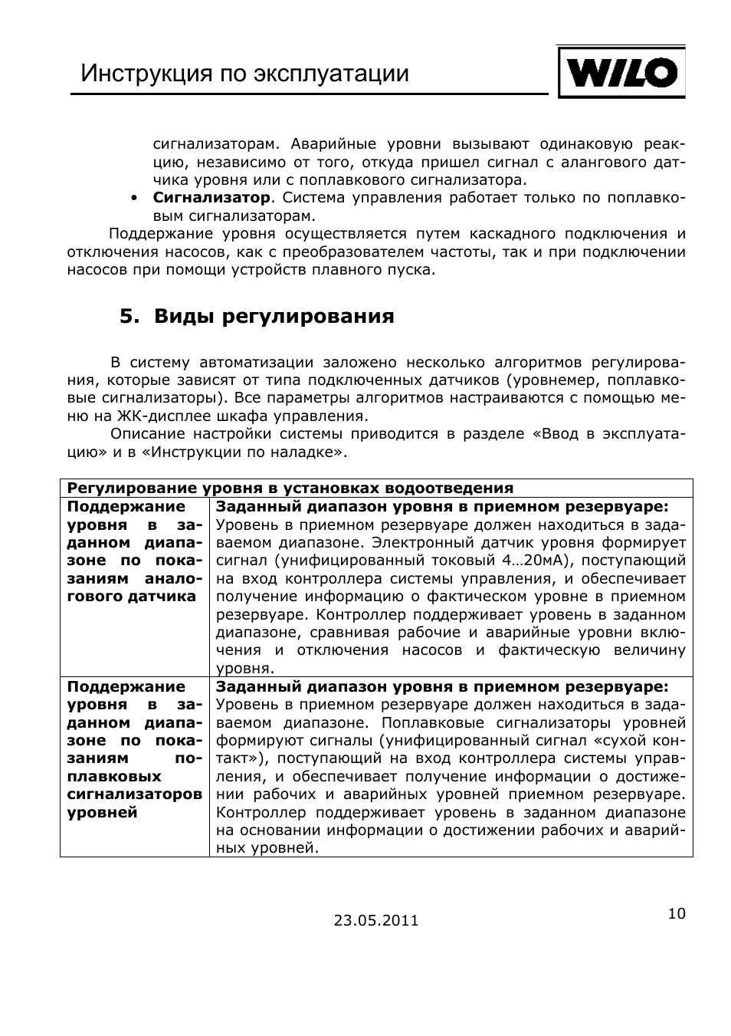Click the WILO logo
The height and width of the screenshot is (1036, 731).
(x=621, y=73)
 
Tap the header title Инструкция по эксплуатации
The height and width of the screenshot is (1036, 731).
(x=245, y=74)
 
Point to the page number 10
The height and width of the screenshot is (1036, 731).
(x=677, y=913)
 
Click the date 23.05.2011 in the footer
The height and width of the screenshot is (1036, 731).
(x=376, y=920)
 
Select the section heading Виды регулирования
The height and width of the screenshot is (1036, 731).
(x=274, y=317)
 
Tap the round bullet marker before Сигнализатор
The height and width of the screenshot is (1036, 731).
(x=134, y=199)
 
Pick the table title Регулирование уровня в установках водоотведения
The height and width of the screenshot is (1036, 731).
(x=290, y=488)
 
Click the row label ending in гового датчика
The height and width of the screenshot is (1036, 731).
(x=131, y=597)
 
